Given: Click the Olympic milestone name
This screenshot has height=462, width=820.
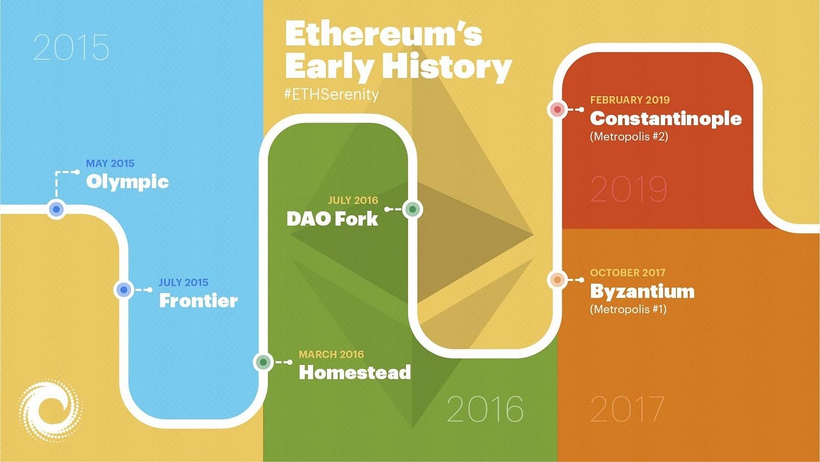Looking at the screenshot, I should coord(127,182).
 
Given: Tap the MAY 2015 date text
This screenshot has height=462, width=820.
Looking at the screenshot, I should coord(110,164).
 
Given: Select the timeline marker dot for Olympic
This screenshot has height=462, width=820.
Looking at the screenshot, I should coord(56,209).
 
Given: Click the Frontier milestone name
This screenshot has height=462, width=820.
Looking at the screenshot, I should coord(198,301).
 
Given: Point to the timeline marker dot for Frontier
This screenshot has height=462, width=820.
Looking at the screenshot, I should coord(123,290).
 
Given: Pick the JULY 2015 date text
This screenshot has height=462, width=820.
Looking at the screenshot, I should coord(183,283).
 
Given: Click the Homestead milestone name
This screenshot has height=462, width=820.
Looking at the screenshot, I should coord(354,372).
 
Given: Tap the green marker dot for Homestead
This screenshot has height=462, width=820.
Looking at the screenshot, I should coord(264,362).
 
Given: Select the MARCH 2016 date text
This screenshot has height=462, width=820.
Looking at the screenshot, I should coord(331,354).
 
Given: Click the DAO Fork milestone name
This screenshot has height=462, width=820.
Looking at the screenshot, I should coord(332,219).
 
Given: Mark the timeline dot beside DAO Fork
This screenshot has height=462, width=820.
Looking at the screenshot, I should coord(413,209).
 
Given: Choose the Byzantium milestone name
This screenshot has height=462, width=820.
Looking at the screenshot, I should coord(642,291).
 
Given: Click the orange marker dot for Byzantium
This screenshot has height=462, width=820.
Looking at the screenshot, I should coord(558,280).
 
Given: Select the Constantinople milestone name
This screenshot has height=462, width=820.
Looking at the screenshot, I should coord(665,118).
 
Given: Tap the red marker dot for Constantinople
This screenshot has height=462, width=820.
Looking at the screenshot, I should coord(558,109).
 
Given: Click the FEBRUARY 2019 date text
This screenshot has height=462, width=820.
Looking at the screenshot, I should coord(630,100).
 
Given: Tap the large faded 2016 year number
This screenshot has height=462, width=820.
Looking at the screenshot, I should coord(485,409).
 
